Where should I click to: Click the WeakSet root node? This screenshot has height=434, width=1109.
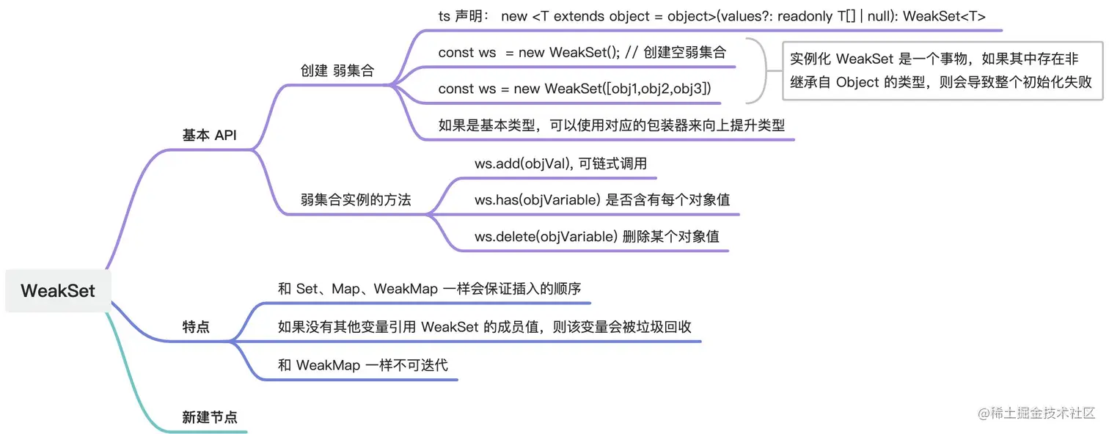pos(58,290)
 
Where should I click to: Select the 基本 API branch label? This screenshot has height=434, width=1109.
pos(209,136)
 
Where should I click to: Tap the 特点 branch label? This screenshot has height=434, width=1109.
pos(196,327)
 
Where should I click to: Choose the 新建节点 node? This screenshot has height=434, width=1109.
pos(210,418)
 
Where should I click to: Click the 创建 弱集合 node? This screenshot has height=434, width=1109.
pos(337,71)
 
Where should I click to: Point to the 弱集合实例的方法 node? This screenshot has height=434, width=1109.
pos(356,199)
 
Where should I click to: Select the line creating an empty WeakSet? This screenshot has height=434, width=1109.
pos(582,52)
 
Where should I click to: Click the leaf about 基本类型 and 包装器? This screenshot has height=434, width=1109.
pos(611,125)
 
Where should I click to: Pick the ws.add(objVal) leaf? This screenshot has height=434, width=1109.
pos(560,163)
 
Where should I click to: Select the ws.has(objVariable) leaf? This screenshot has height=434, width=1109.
pos(601,199)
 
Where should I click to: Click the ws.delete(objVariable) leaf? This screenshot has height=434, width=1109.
pos(596,236)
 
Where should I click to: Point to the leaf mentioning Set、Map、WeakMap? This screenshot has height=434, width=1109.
pos(433,289)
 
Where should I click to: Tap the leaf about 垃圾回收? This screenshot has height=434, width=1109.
pos(485,327)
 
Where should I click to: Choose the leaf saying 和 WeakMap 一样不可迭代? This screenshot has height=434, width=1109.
pos(362,364)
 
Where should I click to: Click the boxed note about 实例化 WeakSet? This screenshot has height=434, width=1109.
pos(941,70)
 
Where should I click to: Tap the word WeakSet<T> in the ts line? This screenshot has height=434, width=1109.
pos(944,16)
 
